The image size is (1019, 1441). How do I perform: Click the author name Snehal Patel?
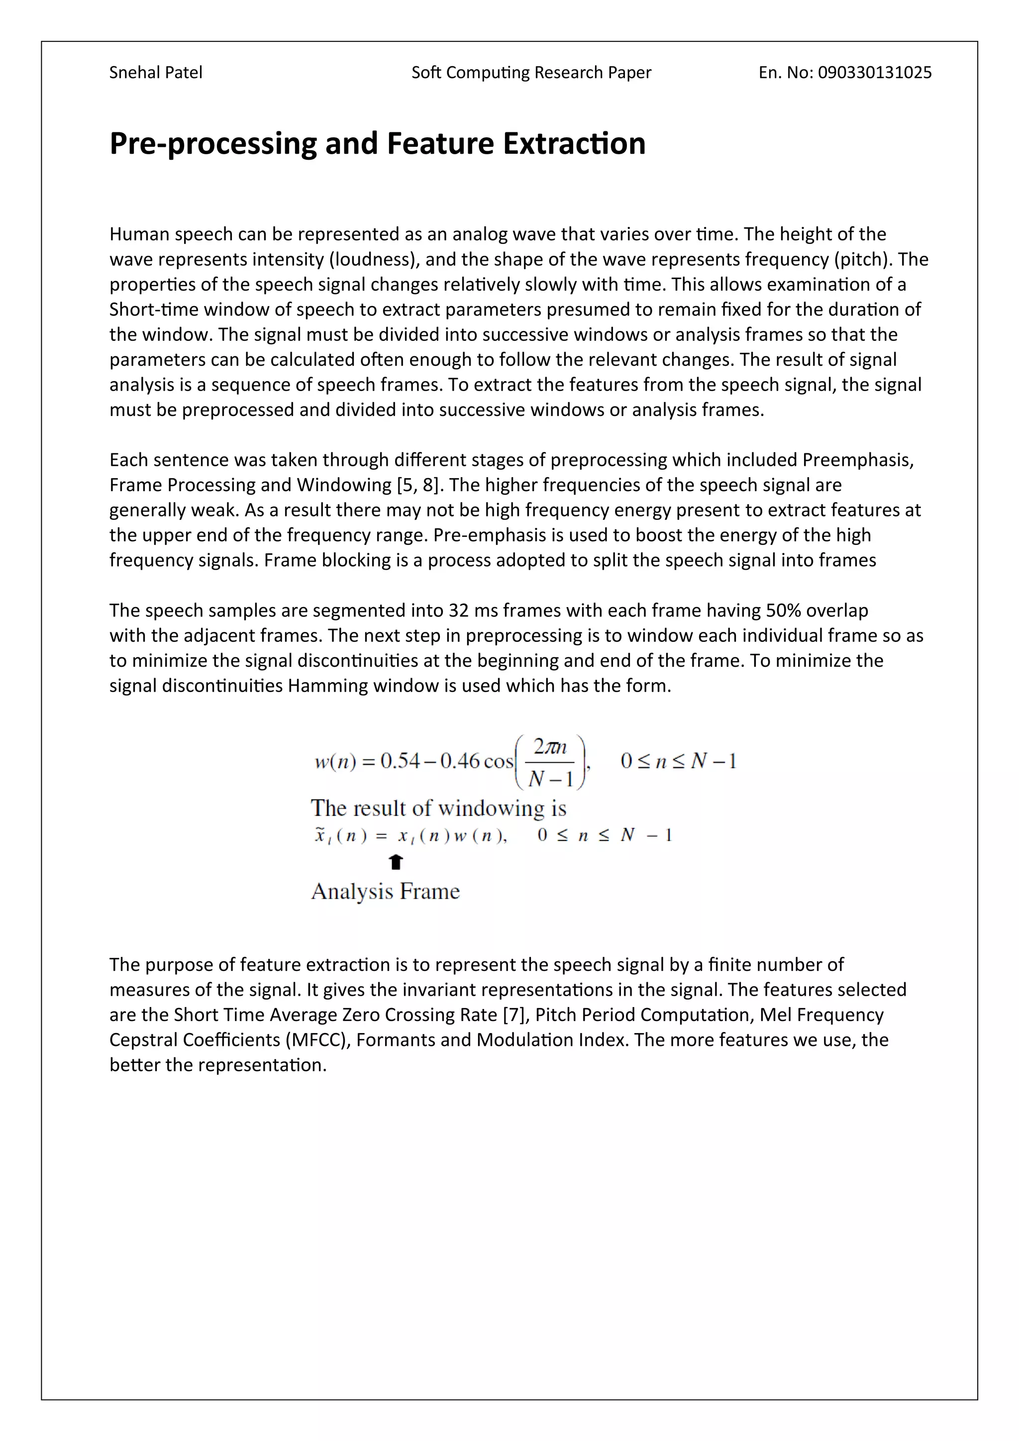pyautogui.click(x=156, y=73)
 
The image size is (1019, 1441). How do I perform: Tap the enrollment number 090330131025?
pyautogui.click(x=875, y=73)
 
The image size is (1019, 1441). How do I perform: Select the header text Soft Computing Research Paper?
pyautogui.click(x=531, y=73)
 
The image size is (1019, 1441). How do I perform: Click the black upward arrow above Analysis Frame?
pyautogui.click(x=395, y=862)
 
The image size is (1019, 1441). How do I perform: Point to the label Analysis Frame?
pyautogui.click(x=385, y=891)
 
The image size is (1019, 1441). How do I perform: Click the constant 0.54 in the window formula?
pyautogui.click(x=401, y=761)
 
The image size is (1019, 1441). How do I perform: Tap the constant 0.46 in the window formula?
pyautogui.click(x=460, y=761)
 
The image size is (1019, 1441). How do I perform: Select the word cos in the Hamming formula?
pyautogui.click(x=499, y=761)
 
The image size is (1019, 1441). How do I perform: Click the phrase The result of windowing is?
pyautogui.click(x=438, y=808)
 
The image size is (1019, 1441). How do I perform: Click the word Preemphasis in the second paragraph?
pyautogui.click(x=857, y=460)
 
